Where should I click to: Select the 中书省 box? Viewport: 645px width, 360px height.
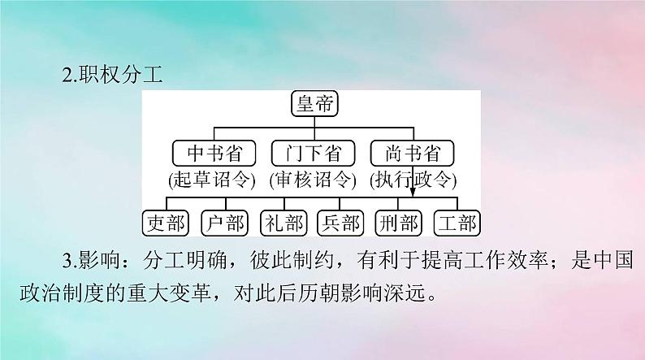pyautogui.click(x=212, y=152)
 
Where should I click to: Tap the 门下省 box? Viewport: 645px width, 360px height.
pyautogui.click(x=311, y=152)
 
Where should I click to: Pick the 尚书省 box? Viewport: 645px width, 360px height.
pyautogui.click(x=411, y=152)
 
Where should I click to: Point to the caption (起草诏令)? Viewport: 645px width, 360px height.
pyautogui.click(x=212, y=180)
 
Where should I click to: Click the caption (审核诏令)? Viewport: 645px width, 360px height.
pyautogui.click(x=311, y=180)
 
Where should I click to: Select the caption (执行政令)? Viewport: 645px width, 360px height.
pyautogui.click(x=411, y=180)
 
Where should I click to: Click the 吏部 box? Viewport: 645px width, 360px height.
pyautogui.click(x=165, y=223)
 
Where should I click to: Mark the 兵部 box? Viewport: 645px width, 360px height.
pyautogui.click(x=340, y=223)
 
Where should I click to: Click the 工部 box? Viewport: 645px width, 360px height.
pyautogui.click(x=457, y=223)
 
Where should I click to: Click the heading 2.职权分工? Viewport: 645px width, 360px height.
pyautogui.click(x=114, y=76)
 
